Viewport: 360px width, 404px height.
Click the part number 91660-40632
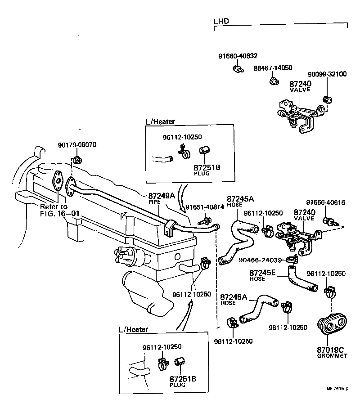coord(238,56)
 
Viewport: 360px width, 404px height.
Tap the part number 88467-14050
coord(273,68)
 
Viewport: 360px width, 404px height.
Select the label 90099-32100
coord(327,74)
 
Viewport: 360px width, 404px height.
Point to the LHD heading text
coord(221,21)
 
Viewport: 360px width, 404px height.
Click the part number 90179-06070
coord(77,145)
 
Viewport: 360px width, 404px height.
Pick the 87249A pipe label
coord(161,196)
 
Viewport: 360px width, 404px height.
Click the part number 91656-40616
coord(326,203)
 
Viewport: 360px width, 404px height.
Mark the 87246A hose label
coord(234,297)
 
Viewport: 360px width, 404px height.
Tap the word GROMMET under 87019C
coord(333,355)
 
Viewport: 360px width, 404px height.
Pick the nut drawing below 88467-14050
coord(273,81)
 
